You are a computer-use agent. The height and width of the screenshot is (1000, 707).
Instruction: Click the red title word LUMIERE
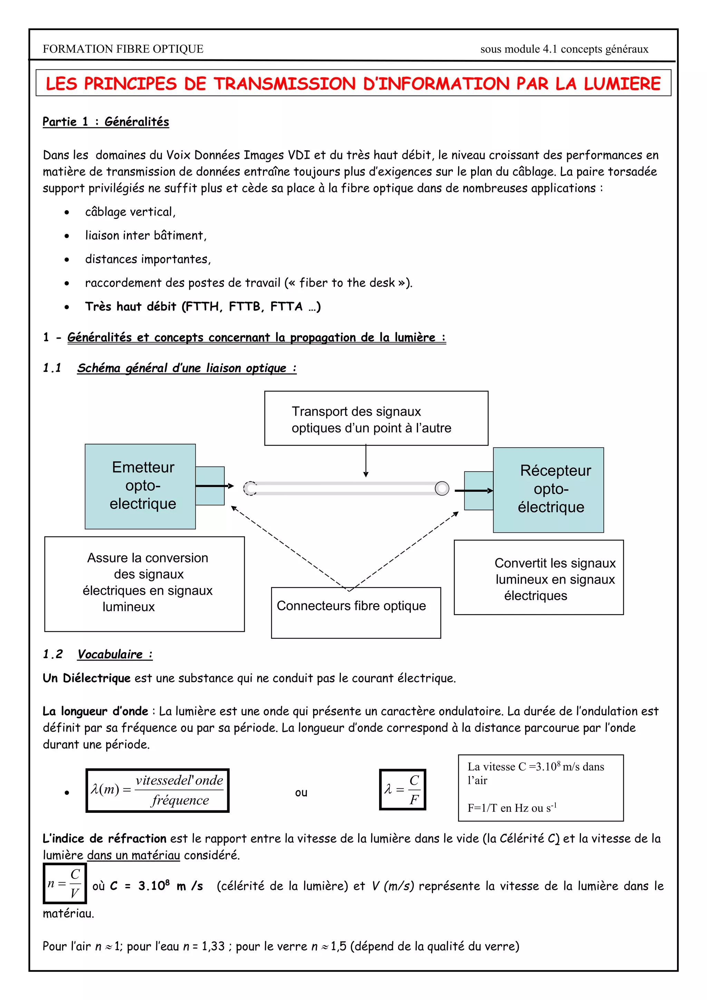[x=622, y=84]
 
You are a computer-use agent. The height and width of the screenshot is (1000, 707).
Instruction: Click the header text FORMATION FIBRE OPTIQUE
[x=123, y=49]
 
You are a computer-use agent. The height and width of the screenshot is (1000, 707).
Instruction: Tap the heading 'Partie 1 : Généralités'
[x=106, y=122]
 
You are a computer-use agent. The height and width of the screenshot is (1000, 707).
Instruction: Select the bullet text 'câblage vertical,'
[x=130, y=212]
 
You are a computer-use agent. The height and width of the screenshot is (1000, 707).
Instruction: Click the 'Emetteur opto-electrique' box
[x=140, y=486]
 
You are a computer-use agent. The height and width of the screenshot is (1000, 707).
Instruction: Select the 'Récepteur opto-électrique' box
[x=549, y=490]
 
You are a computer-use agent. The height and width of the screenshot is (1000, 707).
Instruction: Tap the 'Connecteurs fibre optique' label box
[x=356, y=612]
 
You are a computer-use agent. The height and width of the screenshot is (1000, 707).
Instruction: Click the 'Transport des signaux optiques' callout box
[x=376, y=418]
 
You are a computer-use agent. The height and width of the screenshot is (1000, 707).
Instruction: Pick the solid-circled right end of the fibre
[x=442, y=488]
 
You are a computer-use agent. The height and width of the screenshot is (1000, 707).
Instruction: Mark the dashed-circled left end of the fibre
[x=250, y=488]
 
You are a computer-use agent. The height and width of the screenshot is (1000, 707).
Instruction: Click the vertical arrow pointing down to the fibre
[x=366, y=461]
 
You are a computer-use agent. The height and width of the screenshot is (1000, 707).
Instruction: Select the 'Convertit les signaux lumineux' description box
[x=539, y=578]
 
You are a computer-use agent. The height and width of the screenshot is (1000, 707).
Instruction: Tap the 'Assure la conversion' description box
[x=145, y=584]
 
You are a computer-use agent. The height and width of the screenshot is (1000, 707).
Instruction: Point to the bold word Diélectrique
[x=97, y=678]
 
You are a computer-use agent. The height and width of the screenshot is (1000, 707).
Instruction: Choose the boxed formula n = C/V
[x=65, y=883]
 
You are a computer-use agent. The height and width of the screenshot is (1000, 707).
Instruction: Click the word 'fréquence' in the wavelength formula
[x=180, y=800]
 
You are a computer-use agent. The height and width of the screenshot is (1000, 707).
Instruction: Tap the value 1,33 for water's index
[x=213, y=946]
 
